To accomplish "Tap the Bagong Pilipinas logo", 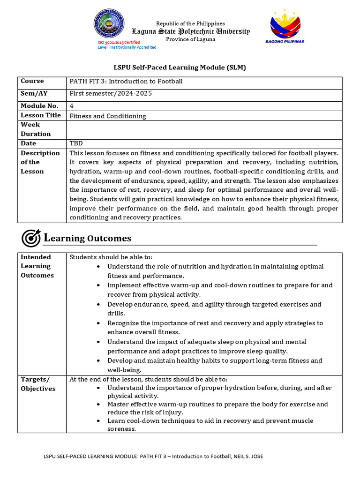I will (x=286, y=27).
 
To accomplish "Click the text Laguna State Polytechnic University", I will (x=190, y=31).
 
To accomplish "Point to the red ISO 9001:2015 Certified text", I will (x=119, y=42).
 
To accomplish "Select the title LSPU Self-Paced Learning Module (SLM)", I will (x=180, y=67).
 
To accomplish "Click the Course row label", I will (x=32, y=81).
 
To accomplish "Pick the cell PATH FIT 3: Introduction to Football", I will (x=126, y=82).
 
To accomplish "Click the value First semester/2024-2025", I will (x=111, y=94).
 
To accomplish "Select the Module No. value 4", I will (x=72, y=106).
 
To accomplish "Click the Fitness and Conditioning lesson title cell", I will (x=108, y=116).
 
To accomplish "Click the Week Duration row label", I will (x=36, y=129).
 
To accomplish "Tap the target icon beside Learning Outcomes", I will (x=31, y=238).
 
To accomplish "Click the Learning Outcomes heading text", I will (x=88, y=239).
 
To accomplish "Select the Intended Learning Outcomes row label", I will (x=37, y=266).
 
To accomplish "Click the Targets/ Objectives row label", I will (x=37, y=384).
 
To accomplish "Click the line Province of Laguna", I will (x=191, y=39).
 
